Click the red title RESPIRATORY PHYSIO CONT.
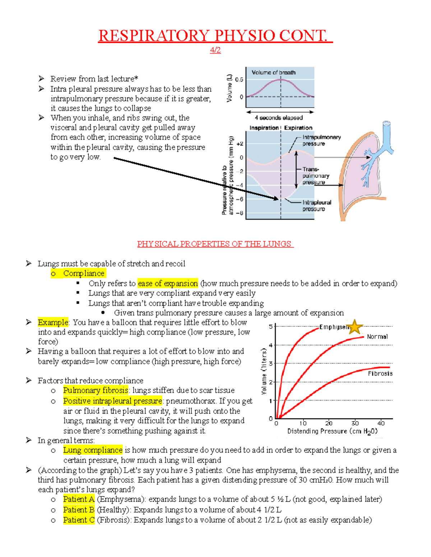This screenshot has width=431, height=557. (x=215, y=36)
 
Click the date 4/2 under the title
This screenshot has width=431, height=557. (x=215, y=50)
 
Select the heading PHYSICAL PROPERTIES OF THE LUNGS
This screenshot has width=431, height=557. (x=215, y=244)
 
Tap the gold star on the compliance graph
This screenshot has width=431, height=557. (x=355, y=327)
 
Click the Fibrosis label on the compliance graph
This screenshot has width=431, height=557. (x=380, y=373)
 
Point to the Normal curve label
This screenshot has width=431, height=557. (x=377, y=336)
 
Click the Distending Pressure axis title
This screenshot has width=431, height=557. (x=332, y=431)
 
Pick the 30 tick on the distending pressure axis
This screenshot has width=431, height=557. (x=355, y=423)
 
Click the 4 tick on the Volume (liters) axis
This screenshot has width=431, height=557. (x=271, y=345)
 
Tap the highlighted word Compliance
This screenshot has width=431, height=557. (x=84, y=273)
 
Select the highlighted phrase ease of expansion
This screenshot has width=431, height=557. (x=168, y=283)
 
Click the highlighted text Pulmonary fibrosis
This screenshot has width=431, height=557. (x=96, y=390)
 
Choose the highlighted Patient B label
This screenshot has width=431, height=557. (x=79, y=510)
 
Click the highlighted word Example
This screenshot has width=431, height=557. (x=53, y=322)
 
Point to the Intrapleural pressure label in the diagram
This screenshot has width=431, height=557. (x=316, y=206)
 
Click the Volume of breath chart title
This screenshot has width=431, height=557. (x=273, y=72)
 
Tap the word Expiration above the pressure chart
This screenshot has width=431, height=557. (x=298, y=128)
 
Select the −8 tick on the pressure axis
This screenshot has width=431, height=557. (x=240, y=213)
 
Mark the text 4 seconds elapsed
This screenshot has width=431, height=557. (x=279, y=118)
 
